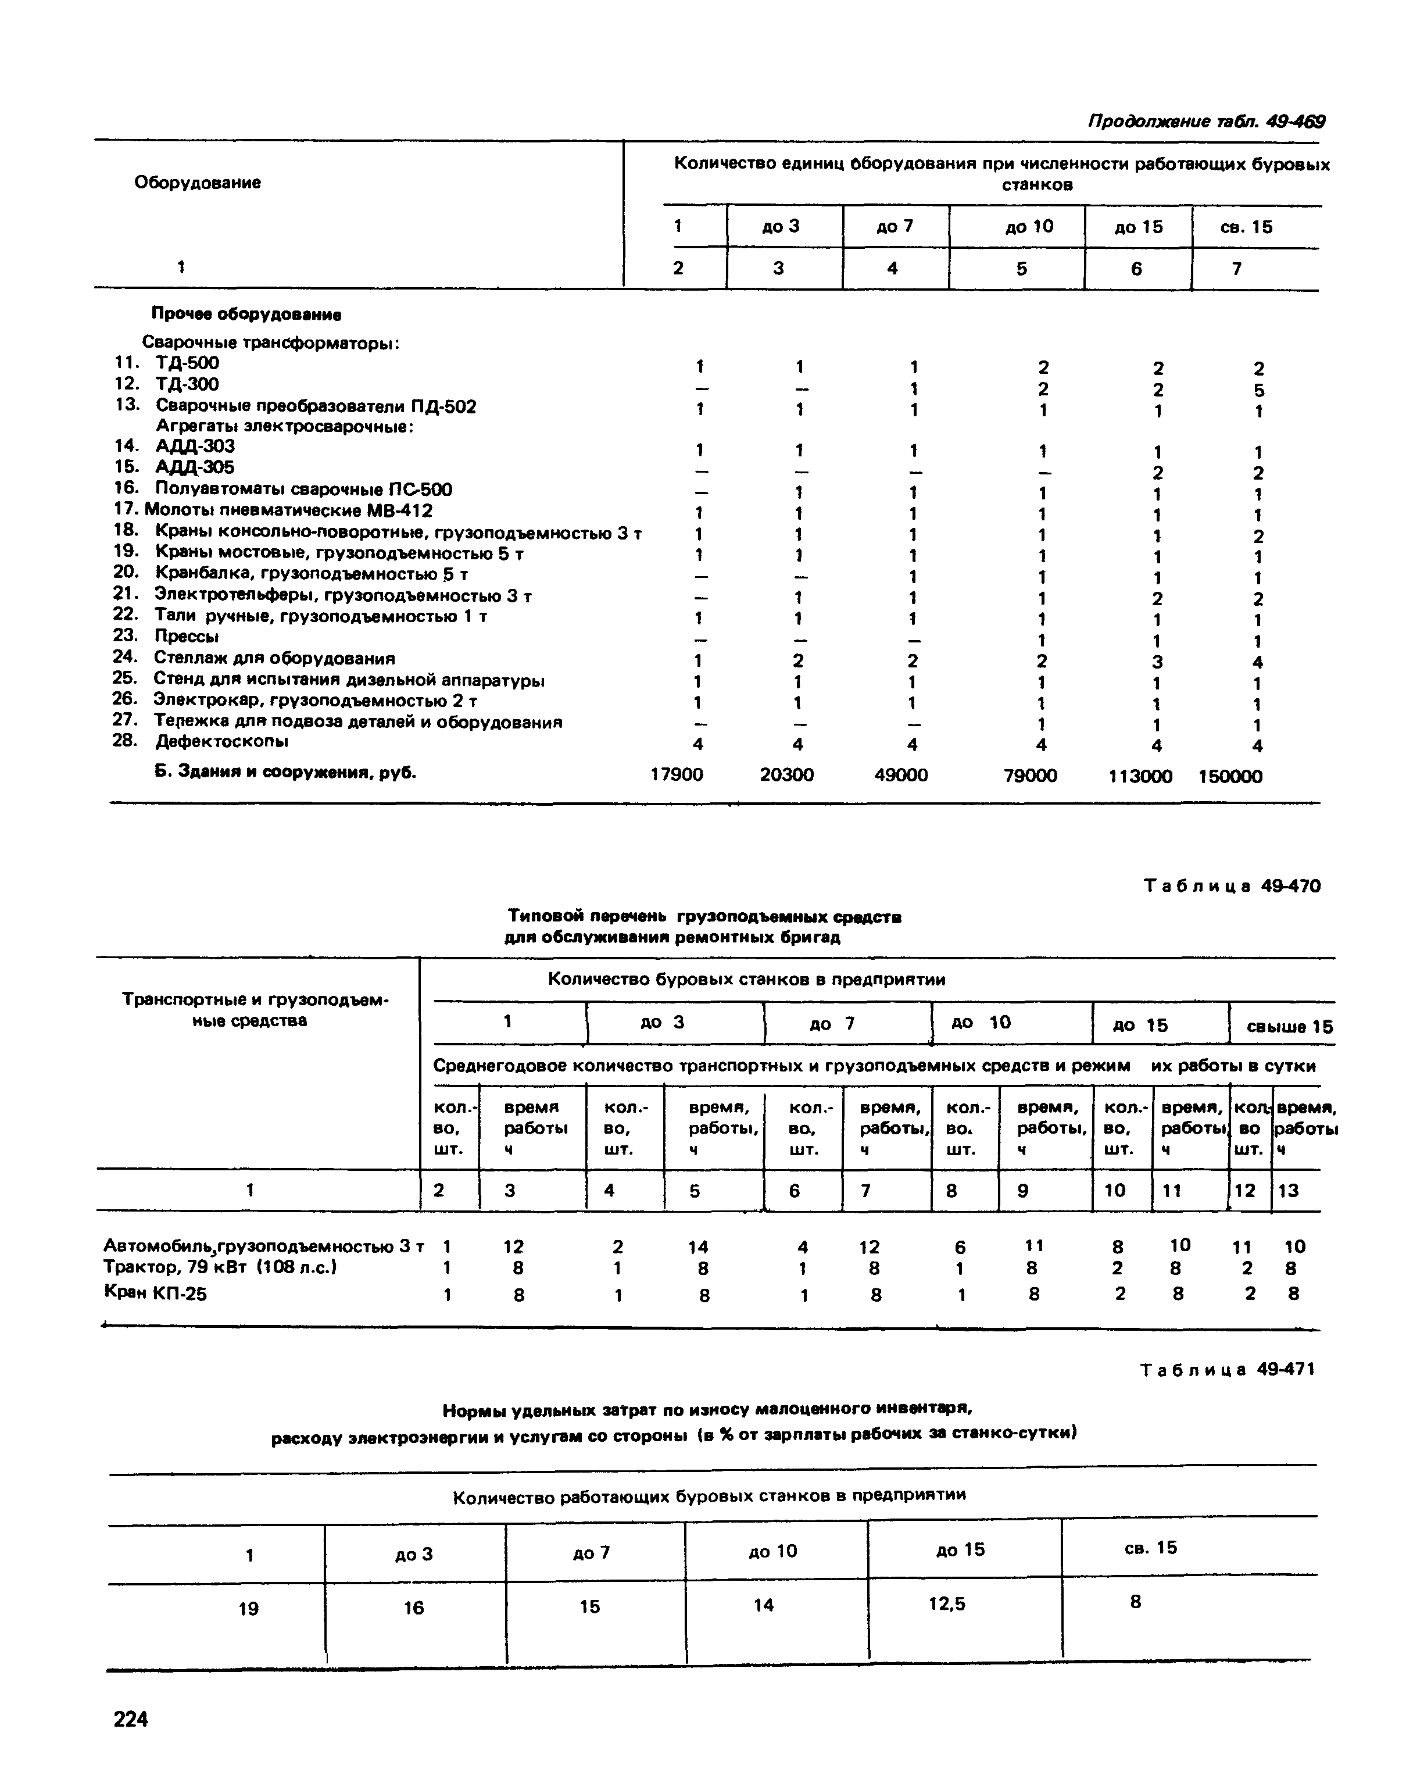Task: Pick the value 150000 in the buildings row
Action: click(1230, 776)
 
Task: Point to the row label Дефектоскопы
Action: click(222, 742)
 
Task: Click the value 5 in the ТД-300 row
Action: click(1258, 390)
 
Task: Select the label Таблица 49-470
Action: click(1232, 886)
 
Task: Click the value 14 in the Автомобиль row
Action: click(698, 1247)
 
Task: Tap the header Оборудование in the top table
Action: click(198, 183)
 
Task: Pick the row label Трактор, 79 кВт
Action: click(221, 1267)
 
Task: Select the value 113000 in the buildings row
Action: click(1140, 776)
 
